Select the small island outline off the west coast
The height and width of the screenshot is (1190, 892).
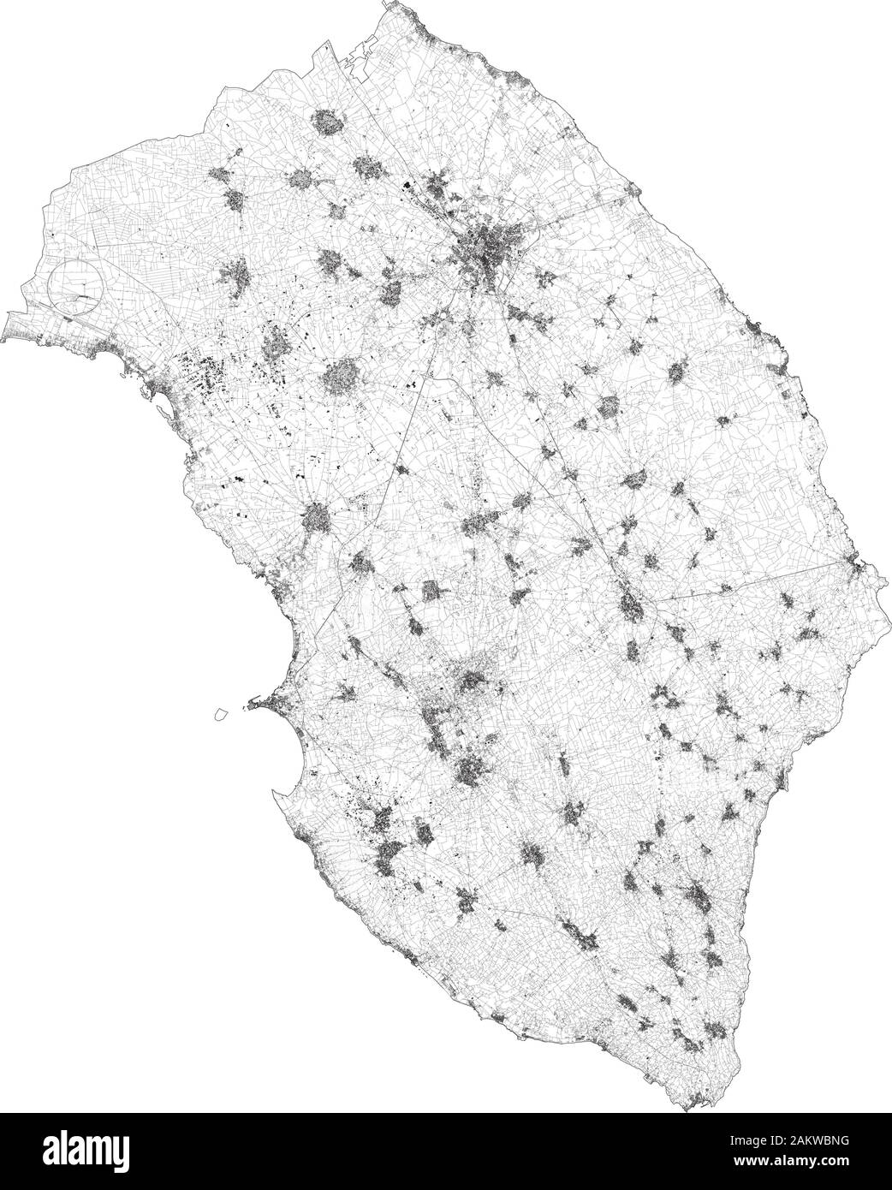coord(221,712)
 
